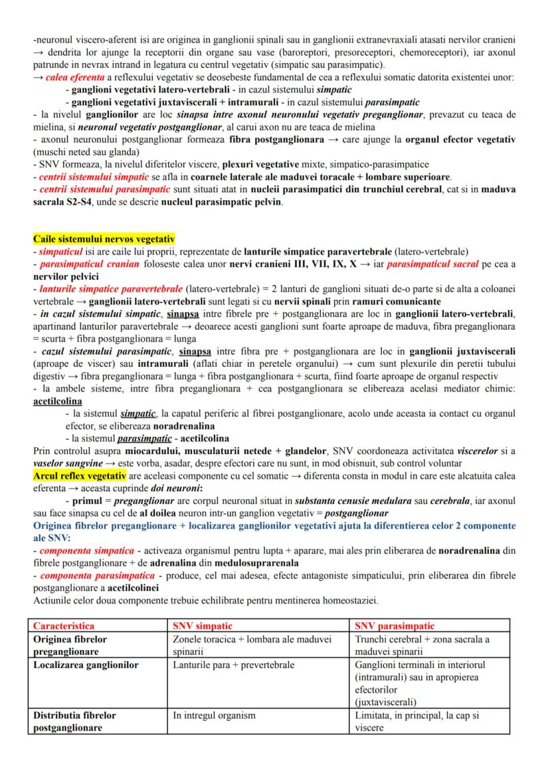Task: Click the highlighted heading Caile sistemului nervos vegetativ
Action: click(x=104, y=239)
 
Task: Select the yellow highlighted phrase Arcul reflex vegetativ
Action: click(x=79, y=477)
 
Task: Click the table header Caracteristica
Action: click(x=64, y=625)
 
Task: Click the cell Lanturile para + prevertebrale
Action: click(x=233, y=665)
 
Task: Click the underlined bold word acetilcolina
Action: click(x=57, y=401)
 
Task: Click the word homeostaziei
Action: click(x=345, y=600)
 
